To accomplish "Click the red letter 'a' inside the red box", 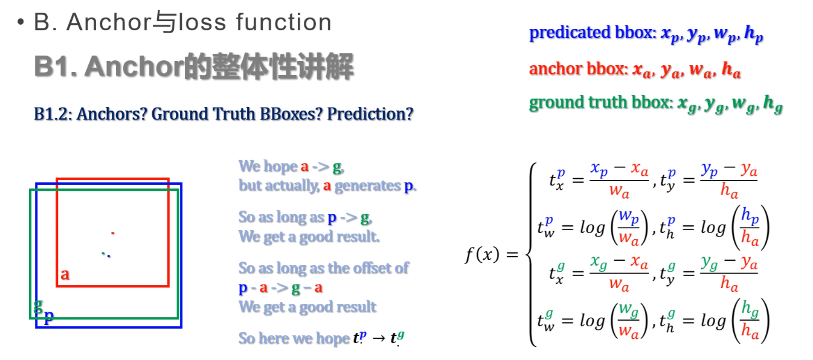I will (65, 275).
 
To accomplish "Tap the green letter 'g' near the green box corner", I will (38, 306).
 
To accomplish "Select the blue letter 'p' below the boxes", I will (49, 317).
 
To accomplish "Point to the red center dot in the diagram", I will (112, 233).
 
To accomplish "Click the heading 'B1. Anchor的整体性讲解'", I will (193, 67).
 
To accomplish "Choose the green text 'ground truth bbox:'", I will (600, 103).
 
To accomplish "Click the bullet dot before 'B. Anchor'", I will (21, 23).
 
